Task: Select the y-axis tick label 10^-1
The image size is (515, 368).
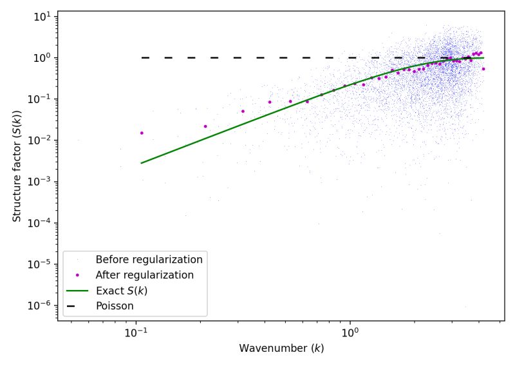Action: pos(42,99)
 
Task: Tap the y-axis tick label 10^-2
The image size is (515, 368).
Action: pos(42,140)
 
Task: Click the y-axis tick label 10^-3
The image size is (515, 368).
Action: pos(42,181)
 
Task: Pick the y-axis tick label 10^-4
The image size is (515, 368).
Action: pos(42,222)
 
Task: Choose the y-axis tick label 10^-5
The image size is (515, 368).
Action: pos(42,264)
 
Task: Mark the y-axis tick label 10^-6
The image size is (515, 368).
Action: pos(42,305)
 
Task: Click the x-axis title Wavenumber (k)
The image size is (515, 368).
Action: pos(281,349)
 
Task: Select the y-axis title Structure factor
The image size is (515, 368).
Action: pos(17,166)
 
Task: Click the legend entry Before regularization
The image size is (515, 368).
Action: pos(149,260)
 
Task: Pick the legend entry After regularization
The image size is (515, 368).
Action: pos(145,275)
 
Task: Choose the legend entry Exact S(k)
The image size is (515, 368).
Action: pos(121,291)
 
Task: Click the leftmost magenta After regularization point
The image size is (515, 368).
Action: pos(142,133)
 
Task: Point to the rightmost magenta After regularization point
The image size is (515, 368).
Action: pos(483,69)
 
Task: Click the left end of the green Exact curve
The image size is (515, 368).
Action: pos(142,163)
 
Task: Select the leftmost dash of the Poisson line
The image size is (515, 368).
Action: pos(145,57)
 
